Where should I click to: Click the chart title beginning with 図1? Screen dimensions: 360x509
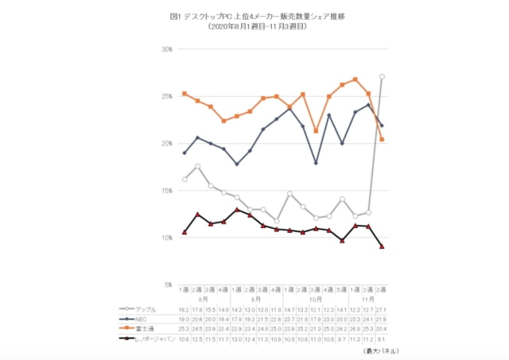coord(254,16)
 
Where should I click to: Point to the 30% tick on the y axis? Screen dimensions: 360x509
coord(168,49)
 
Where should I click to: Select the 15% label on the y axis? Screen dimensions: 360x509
coord(168,191)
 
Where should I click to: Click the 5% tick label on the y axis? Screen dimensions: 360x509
coord(169,285)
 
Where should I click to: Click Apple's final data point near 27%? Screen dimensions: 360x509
coord(383,76)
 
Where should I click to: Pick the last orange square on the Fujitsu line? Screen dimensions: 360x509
coord(383,140)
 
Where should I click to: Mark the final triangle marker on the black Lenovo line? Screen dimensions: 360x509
coord(383,246)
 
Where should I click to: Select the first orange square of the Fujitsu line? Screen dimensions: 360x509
coord(185,94)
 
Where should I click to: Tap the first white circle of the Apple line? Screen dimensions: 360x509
coord(185,179)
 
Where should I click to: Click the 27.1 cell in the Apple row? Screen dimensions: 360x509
coord(383,308)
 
